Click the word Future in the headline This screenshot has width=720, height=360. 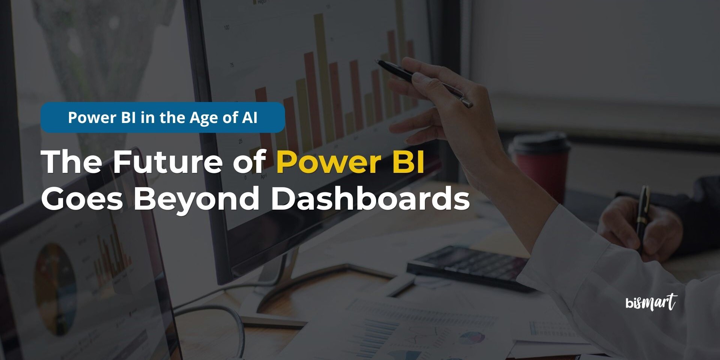pyautogui.click(x=168, y=162)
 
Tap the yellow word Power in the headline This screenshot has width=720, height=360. pyautogui.click(x=328, y=162)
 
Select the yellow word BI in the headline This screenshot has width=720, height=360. pyautogui.click(x=408, y=162)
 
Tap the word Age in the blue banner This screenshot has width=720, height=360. pyautogui.click(x=204, y=118)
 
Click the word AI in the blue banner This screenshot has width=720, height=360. pyautogui.click(x=250, y=117)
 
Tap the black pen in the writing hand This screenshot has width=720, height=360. pyautogui.click(x=643, y=217)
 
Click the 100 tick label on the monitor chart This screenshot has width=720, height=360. pyautogui.click(x=226, y=27)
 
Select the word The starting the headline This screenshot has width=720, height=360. pyautogui.click(x=72, y=162)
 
